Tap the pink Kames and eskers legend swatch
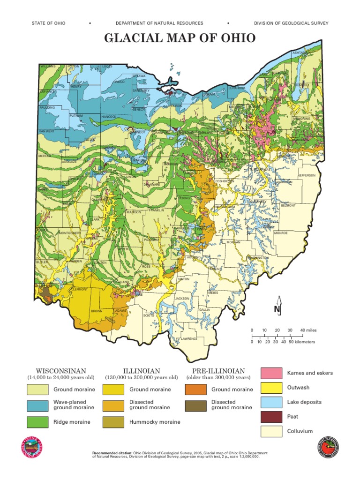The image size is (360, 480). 271,374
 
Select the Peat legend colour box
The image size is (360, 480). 271,417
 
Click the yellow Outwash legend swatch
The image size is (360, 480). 271,388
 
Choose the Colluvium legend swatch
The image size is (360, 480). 271,431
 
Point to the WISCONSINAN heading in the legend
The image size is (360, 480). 61,371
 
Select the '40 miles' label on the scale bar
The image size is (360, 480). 308,330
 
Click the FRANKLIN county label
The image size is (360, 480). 156,210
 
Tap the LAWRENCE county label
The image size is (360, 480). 189,338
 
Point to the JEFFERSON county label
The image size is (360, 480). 307,175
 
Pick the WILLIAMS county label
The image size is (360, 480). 48,67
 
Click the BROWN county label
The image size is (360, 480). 97,311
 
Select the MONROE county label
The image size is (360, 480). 281,232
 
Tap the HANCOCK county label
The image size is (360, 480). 109,116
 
